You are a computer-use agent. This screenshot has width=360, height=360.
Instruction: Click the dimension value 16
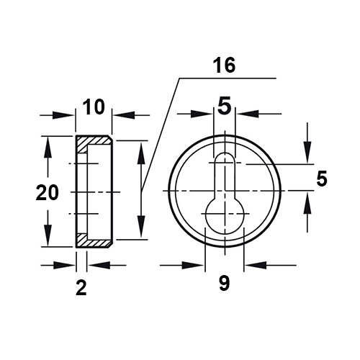pyautogui.click(x=224, y=66)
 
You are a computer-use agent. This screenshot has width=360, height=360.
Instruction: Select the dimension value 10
pyautogui.click(x=94, y=107)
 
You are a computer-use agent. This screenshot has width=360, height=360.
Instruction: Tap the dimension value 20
pyautogui.click(x=47, y=193)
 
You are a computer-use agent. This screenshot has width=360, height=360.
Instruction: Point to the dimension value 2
pyautogui.click(x=81, y=288)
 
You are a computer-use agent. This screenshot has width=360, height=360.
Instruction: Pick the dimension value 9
pyautogui.click(x=225, y=283)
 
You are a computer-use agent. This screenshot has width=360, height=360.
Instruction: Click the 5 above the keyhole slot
pyautogui.click(x=224, y=105)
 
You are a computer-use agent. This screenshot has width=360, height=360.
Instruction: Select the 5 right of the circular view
pyautogui.click(x=322, y=179)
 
